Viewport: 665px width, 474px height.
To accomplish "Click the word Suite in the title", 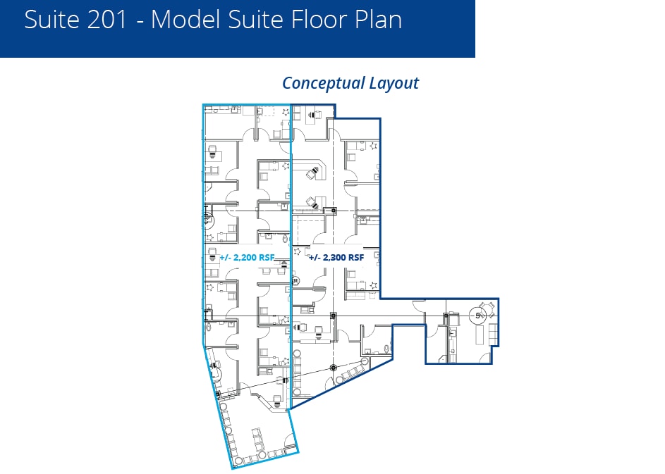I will point(49,20).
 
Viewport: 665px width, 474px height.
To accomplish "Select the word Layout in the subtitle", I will point(393,83).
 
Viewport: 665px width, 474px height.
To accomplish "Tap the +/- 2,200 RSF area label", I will point(247,258).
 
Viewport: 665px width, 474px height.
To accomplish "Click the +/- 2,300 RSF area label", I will point(337,258).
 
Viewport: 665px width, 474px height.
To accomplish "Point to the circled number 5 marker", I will point(478,316).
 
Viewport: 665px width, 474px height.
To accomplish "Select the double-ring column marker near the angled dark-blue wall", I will point(334,367).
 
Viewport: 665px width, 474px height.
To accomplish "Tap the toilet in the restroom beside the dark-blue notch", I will point(387,346).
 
